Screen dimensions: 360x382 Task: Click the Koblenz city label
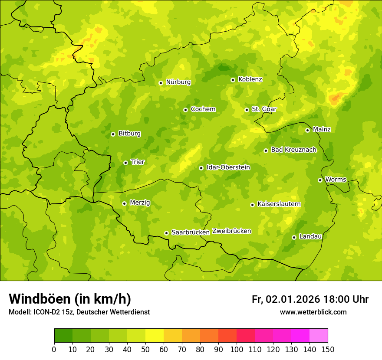tap(250, 79)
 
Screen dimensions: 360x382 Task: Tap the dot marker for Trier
tap(125, 163)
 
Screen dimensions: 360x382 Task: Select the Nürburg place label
tap(178, 82)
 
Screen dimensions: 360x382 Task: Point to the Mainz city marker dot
tap(307, 130)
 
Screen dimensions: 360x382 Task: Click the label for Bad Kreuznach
tap(293, 150)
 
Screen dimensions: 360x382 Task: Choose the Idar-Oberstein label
tap(228, 167)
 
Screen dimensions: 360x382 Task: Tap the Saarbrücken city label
tap(191, 232)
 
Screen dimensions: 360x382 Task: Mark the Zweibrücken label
tap(232, 231)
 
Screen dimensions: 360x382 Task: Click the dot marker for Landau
tap(294, 237)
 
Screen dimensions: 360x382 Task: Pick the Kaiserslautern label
tap(279, 204)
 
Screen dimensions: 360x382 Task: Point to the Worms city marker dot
tap(320, 180)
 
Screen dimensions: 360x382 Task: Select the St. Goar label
tap(264, 109)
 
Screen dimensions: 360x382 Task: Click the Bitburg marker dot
tap(113, 134)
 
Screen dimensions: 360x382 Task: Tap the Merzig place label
tap(140, 203)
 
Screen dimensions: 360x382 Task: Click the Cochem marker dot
tap(185, 110)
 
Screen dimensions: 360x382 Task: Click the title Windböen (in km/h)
tap(70, 299)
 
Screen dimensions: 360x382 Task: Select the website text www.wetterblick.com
tap(313, 312)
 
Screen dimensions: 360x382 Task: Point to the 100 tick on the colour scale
tap(237, 349)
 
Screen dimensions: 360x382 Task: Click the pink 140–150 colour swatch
tap(319, 335)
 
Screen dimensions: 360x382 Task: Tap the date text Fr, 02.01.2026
tap(286, 299)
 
